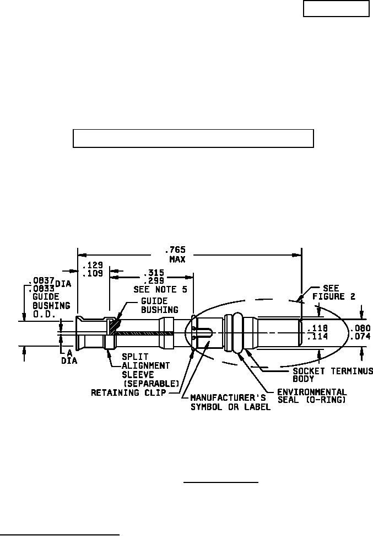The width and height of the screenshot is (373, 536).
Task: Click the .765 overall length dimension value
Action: [177, 250]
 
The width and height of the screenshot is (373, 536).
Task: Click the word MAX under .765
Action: [177, 259]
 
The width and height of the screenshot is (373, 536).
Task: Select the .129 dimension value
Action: [93, 266]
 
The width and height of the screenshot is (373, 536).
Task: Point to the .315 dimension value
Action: [154, 273]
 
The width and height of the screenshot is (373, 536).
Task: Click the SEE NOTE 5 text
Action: [160, 290]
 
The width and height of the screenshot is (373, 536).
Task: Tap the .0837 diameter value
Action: [41, 281]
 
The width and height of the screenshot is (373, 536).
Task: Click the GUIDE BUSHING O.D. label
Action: [51, 305]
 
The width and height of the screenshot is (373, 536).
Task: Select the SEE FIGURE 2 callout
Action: [334, 292]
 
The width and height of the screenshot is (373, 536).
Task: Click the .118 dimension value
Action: [317, 328]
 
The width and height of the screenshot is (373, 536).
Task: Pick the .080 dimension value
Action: [360, 328]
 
